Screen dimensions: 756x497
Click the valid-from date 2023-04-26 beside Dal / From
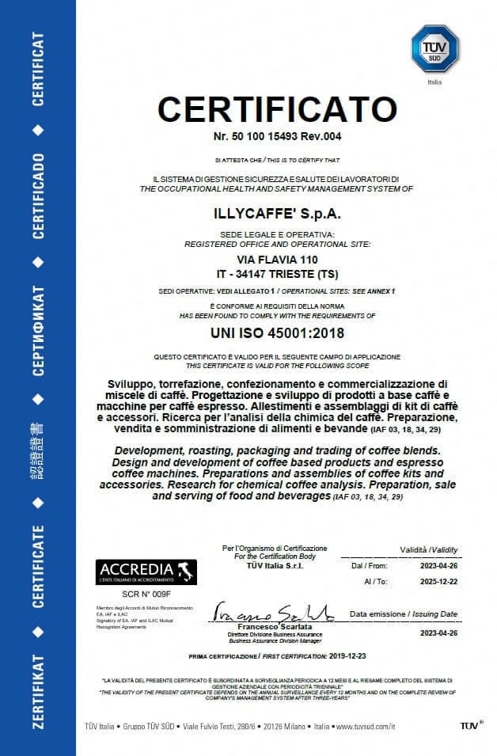tap(438, 566)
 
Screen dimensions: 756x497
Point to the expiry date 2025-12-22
tap(438, 580)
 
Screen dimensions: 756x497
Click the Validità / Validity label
tap(428, 549)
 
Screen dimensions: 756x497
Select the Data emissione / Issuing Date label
tap(404, 614)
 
